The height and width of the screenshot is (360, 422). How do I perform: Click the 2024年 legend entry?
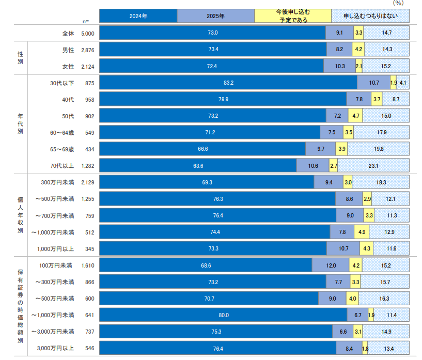(138, 16)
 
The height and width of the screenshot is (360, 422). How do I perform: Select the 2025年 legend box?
(215, 16)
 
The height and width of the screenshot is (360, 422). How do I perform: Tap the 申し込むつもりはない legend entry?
(370, 16)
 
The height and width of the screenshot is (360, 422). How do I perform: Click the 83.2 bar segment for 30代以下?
(228, 83)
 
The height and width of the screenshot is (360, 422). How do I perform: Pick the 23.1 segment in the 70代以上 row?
(373, 166)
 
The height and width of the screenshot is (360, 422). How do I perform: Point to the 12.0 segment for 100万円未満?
(331, 265)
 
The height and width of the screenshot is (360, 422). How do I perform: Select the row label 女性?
(68, 66)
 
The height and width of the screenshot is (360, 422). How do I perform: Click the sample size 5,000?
(87, 33)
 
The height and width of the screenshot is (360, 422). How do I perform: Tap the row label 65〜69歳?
(62, 149)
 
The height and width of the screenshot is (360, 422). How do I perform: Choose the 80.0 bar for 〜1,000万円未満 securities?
(223, 315)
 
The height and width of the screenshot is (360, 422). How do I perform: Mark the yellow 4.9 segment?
(362, 232)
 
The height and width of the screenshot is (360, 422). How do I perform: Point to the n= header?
(86, 21)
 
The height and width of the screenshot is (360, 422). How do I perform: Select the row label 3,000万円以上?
(55, 349)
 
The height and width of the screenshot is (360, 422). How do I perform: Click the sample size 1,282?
(87, 166)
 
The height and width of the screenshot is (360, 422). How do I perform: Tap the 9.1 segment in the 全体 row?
(339, 33)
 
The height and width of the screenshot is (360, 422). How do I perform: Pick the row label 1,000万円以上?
(55, 249)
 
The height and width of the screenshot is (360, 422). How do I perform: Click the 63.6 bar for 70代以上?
(198, 166)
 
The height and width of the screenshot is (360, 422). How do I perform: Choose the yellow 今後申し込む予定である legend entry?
(293, 16)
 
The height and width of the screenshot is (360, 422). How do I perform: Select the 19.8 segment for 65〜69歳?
(379, 149)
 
